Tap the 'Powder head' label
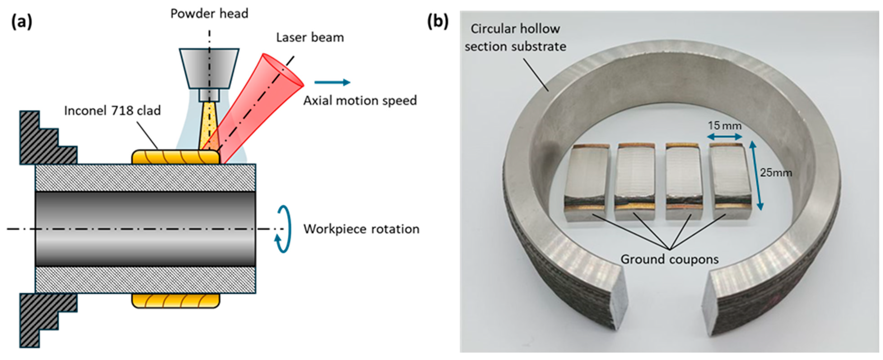[x=209, y=14]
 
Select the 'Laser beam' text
[x=310, y=37]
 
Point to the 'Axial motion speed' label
[x=360, y=101]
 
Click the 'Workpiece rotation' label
[x=361, y=229]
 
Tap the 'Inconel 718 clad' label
[x=112, y=111]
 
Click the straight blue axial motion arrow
[x=332, y=82]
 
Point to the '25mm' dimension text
[x=776, y=173]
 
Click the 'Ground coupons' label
[x=669, y=259]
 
